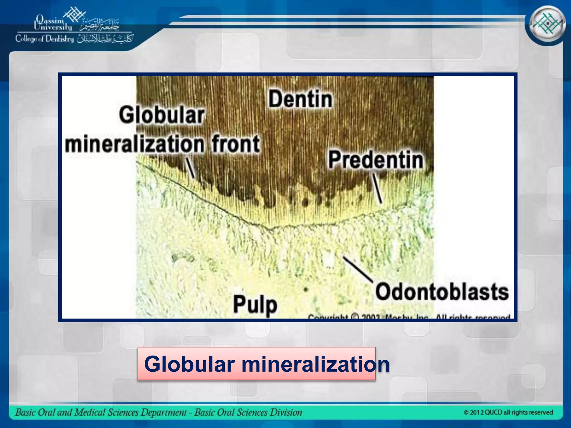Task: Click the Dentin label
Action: point(301,99)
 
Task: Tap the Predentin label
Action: point(376,160)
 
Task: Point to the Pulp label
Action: point(255,305)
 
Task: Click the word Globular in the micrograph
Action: point(162,115)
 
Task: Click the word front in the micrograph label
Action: point(236,144)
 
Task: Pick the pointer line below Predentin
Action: point(378,188)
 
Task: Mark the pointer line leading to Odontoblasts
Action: point(358,269)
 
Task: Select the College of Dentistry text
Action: point(45,39)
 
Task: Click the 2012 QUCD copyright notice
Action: point(508,412)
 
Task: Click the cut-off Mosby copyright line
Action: point(409,317)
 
